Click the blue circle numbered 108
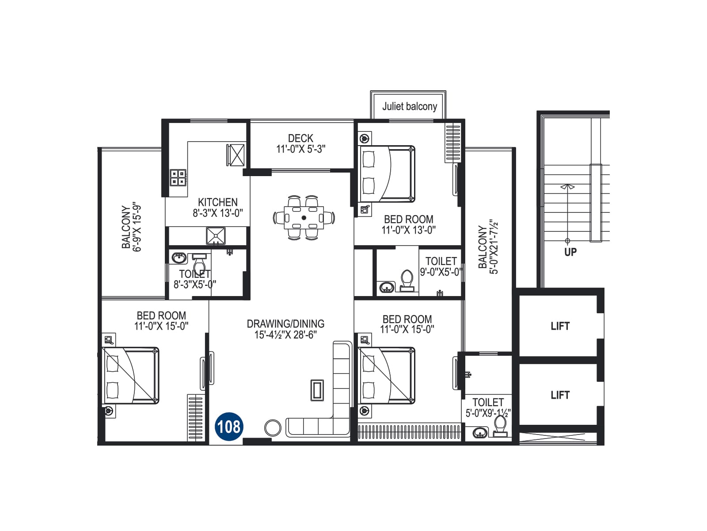(229, 427)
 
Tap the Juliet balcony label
(409, 106)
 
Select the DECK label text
(300, 139)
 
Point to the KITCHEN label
(218, 202)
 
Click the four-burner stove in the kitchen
(178, 177)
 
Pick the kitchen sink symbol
(216, 236)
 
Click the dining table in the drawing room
(304, 218)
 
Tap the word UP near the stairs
(570, 252)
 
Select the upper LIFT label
(560, 326)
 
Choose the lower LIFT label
(560, 395)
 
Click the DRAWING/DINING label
(285, 324)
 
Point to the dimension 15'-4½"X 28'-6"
(285, 335)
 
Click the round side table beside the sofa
(273, 428)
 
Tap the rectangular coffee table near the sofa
(317, 390)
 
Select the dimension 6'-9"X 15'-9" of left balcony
(137, 228)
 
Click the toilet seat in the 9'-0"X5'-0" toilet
(407, 281)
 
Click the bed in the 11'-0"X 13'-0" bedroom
(387, 174)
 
